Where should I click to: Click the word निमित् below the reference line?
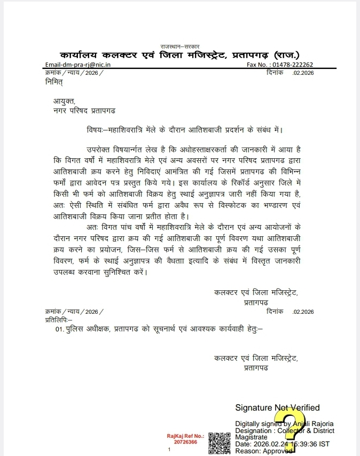click(54, 81)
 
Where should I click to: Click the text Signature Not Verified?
click(277, 408)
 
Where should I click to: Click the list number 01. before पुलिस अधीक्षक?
click(60, 330)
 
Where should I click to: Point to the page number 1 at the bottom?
click(169, 450)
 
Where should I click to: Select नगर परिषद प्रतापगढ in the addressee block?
click(83, 110)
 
